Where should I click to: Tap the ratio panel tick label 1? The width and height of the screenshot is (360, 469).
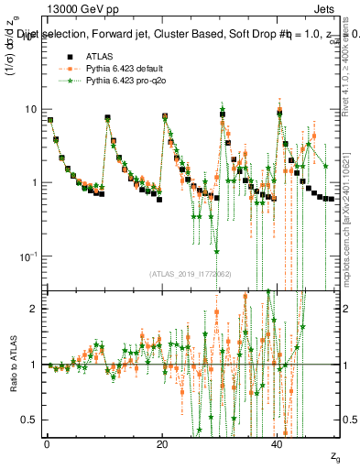pyautogui.click(x=34, y=365)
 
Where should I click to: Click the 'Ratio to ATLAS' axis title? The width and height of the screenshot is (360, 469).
pyautogui.click(x=12, y=364)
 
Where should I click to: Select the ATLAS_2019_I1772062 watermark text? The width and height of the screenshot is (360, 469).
pyautogui.click(x=191, y=273)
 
